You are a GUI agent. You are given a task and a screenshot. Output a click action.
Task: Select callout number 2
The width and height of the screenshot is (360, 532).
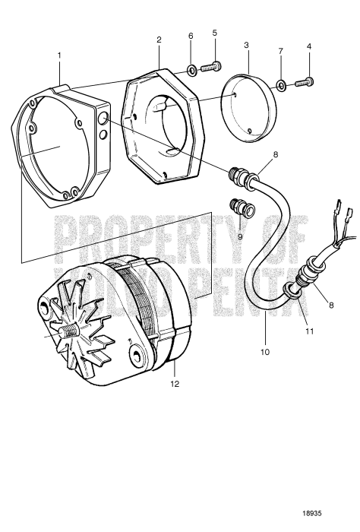(159, 38)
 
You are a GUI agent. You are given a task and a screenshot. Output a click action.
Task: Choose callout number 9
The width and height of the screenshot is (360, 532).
(242, 235)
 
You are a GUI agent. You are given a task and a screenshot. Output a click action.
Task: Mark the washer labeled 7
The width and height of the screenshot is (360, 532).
(281, 84)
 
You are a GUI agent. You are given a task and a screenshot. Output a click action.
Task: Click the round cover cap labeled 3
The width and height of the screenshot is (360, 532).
(250, 103)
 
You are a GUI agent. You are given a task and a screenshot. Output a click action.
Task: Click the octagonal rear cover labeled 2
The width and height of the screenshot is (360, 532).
(172, 125)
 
